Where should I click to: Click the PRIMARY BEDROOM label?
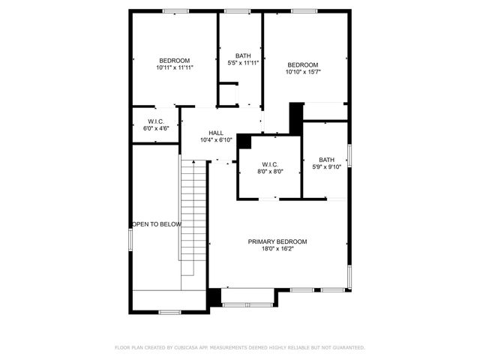point(277,241)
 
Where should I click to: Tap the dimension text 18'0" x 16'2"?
point(277,249)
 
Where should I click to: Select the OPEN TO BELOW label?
point(157,224)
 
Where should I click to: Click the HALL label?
point(216,133)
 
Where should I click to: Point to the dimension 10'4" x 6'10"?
point(216,140)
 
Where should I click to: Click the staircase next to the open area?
point(193,225)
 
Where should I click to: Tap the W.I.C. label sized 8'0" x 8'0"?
point(270,163)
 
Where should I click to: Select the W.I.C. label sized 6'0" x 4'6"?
point(156,121)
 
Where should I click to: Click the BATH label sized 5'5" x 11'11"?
point(243,55)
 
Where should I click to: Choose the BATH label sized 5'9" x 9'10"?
point(326,159)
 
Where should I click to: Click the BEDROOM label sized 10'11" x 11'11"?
point(174,60)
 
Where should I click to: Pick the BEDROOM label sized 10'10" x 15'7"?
point(303,64)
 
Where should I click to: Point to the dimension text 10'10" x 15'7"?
point(303,72)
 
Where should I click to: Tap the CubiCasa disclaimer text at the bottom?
point(240,347)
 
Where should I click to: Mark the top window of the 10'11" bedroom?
point(175,10)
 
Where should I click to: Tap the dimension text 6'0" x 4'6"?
point(156,128)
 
